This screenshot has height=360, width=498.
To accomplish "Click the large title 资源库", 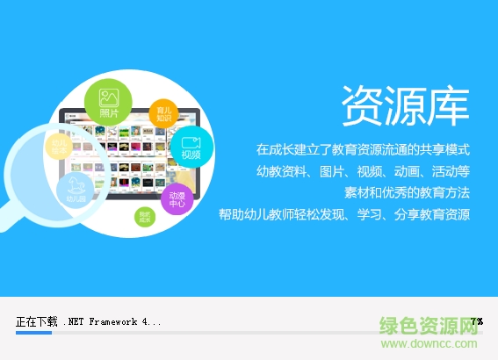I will click(404, 105).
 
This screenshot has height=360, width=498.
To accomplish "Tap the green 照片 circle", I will click(109, 102).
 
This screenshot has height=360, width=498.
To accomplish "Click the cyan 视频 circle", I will click(191, 146).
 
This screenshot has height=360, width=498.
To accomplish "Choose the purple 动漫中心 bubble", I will click(177, 199).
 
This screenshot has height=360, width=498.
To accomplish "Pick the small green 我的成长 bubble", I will click(145, 217).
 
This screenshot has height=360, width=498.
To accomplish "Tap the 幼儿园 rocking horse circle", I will click(76, 191).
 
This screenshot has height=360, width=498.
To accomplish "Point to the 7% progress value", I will click(476, 321).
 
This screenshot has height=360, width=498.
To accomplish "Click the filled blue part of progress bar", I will click(33, 333).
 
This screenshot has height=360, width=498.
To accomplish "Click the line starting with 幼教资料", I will click(363, 170).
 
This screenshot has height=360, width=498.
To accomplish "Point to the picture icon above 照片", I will click(109, 96).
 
